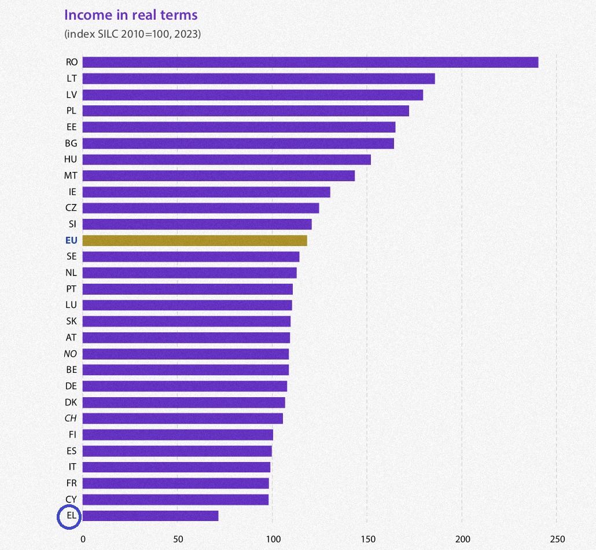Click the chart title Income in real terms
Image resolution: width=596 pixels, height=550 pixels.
131,15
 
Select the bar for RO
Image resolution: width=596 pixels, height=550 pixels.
310,62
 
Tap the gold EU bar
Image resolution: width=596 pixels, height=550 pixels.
194,240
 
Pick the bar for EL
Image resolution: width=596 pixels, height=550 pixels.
150,515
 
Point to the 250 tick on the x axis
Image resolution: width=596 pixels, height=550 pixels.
557,539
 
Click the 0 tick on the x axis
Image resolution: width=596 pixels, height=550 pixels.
83,539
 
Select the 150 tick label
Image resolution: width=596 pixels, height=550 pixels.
367,539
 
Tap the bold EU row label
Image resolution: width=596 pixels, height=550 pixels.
72,240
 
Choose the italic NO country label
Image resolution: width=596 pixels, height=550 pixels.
71,354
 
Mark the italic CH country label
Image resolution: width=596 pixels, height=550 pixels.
71,418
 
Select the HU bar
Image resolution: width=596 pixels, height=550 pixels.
226,159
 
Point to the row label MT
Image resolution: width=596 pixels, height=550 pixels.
71,175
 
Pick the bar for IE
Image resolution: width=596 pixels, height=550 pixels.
206,192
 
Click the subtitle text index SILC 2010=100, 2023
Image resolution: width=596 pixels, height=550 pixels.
133,34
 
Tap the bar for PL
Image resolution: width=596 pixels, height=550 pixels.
245,111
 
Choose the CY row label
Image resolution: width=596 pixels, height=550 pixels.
71,499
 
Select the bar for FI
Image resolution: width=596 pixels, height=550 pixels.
178,434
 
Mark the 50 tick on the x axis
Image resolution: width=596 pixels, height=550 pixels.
178,539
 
